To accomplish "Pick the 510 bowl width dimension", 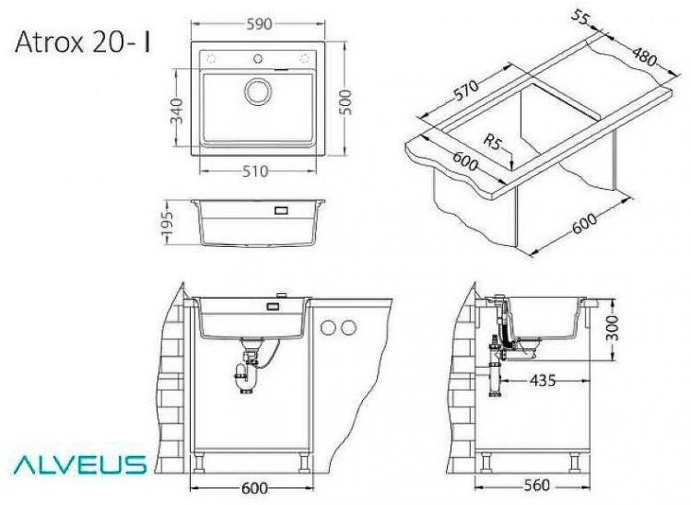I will click(259, 170).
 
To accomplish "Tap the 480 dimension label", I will click(644, 58).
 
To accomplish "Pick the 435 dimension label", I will click(545, 379).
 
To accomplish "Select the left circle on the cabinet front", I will click(329, 326).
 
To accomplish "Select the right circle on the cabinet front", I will click(349, 326).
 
